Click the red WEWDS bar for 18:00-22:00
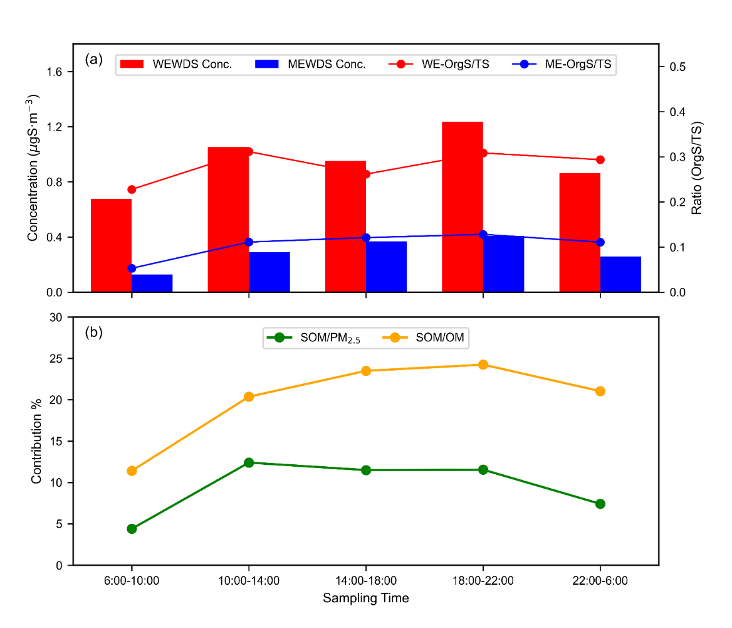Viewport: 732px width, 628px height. (x=462, y=207)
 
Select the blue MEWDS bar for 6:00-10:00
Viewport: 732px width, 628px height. (x=152, y=283)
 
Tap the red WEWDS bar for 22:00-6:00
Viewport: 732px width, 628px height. (x=580, y=233)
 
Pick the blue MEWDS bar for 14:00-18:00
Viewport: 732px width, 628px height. (x=387, y=267)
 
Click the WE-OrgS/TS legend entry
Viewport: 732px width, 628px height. (x=439, y=64)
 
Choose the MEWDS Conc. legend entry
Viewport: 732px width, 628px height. (x=310, y=64)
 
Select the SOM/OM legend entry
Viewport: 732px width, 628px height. (x=424, y=338)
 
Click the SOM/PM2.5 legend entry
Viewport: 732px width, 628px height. (x=313, y=338)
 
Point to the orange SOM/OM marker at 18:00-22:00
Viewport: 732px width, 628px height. (x=483, y=365)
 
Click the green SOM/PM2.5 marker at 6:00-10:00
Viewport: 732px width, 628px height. (x=132, y=528)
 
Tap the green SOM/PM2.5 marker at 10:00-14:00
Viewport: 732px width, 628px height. (x=249, y=462)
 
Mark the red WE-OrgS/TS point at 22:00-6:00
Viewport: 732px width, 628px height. (x=600, y=160)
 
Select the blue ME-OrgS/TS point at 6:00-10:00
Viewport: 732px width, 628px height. (x=132, y=269)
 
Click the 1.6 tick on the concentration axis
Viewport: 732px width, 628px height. (x=54, y=72)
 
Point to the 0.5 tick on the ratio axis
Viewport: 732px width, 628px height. (x=678, y=67)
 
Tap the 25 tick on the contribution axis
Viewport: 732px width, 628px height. (x=56, y=358)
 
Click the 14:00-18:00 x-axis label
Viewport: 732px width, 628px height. (x=366, y=580)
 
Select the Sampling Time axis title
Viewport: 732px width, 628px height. (x=366, y=598)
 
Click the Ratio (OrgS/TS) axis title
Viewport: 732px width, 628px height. (x=696, y=168)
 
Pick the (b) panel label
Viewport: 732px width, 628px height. (x=94, y=333)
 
